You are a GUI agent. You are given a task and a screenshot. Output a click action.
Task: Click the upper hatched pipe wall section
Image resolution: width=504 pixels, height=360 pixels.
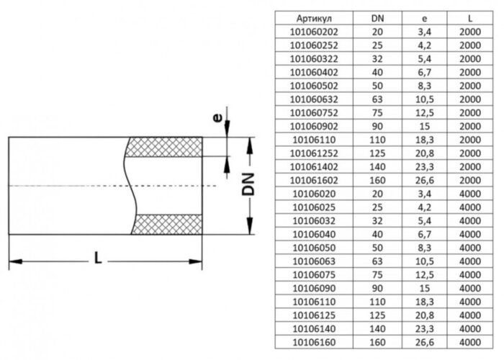tap(165, 147)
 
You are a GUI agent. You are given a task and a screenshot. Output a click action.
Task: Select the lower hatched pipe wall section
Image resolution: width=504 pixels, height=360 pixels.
tap(165, 225)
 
